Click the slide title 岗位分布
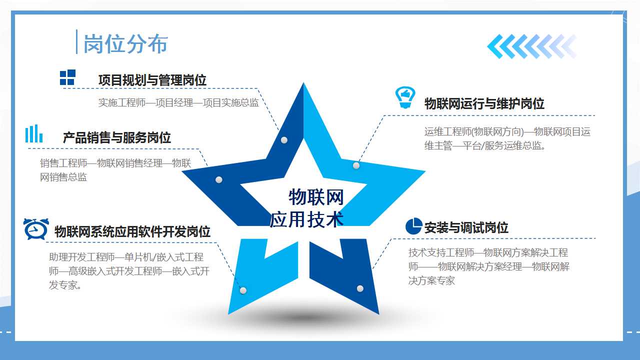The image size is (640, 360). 125,44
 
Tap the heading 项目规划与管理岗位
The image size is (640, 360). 152,80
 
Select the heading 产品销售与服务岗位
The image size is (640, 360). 117,137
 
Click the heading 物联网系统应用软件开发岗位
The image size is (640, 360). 132,231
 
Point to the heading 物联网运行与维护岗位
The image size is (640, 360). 484,103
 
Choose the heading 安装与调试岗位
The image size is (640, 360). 466,227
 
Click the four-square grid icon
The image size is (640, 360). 67,77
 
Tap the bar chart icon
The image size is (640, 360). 34,133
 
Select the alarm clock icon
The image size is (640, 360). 36,229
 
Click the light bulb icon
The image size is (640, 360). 405,97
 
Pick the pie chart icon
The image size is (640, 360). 413,226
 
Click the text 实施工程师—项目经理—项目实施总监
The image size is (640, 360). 178,102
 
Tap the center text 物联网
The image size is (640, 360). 316,197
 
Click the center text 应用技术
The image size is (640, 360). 306,219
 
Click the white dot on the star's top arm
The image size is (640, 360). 284,140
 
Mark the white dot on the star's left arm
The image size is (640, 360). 219,179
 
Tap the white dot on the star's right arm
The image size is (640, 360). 356,165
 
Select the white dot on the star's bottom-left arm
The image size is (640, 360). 243,290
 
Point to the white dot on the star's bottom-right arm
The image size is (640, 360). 360,288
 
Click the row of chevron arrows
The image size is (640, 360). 532,46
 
